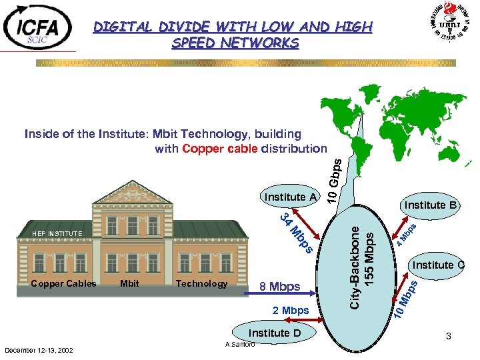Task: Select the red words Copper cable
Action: [219, 149]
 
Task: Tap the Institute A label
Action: [291, 197]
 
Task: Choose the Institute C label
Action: [437, 265]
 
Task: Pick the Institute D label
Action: [275, 333]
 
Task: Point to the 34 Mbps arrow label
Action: [296, 233]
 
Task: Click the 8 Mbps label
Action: [280, 287]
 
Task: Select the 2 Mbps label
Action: [291, 311]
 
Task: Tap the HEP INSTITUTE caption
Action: [57, 234]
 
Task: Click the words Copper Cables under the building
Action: [63, 283]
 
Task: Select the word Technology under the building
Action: [201, 283]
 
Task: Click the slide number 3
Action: [449, 337]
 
